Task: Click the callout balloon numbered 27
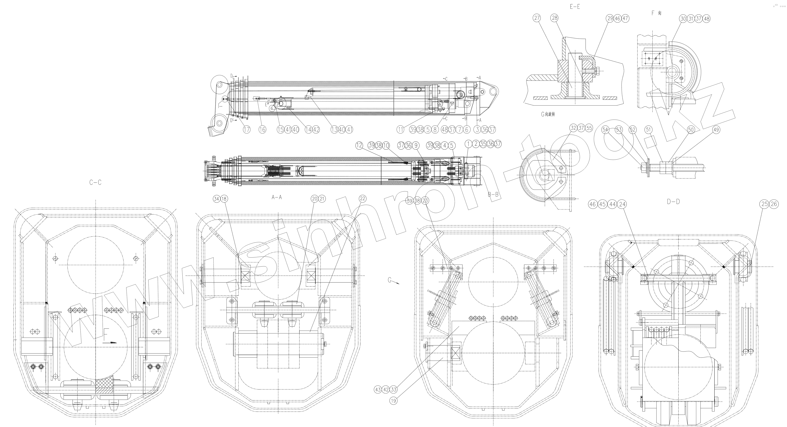tap(537, 18)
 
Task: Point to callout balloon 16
tap(262, 130)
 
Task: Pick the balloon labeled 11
tap(400, 130)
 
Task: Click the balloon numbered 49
tap(716, 130)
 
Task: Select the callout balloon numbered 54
tap(605, 130)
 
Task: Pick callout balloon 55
tap(589, 128)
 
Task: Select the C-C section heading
tap(95, 182)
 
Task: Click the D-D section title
tap(673, 202)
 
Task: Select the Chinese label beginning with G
tap(548, 114)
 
